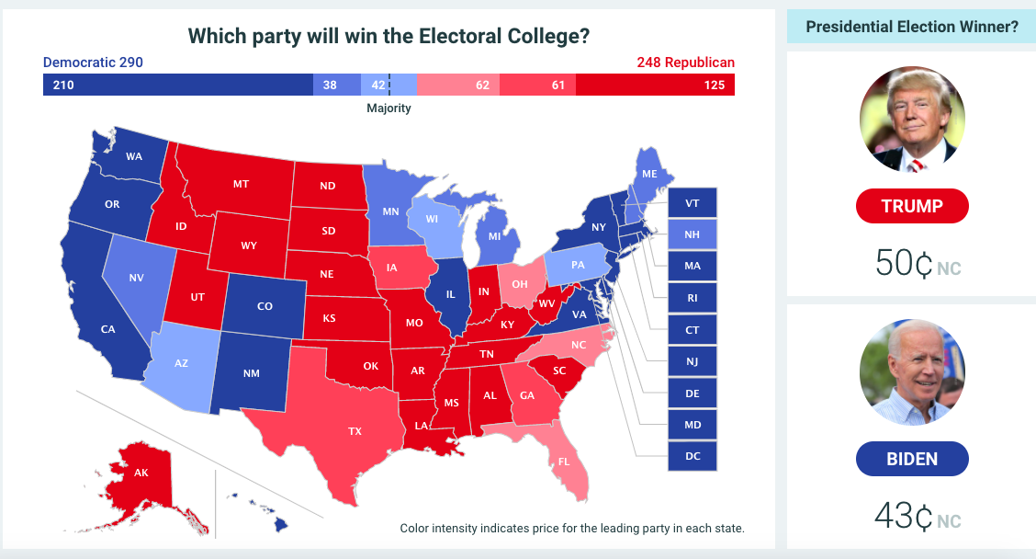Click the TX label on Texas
pos(355,430)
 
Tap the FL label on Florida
pos(564,461)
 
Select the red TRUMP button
pos(912,206)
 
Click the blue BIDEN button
pos(912,459)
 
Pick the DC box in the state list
pos(693,455)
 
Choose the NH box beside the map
pos(693,234)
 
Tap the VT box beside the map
pos(693,203)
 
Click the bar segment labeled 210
pos(177,86)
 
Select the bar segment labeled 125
pos(655,86)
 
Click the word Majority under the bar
pos(388,108)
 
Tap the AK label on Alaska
pos(141,473)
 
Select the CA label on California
pos(107,328)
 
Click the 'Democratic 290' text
pos(93,63)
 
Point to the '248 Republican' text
pos(685,63)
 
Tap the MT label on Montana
pos(241,184)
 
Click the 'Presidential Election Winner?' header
pos(911,27)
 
